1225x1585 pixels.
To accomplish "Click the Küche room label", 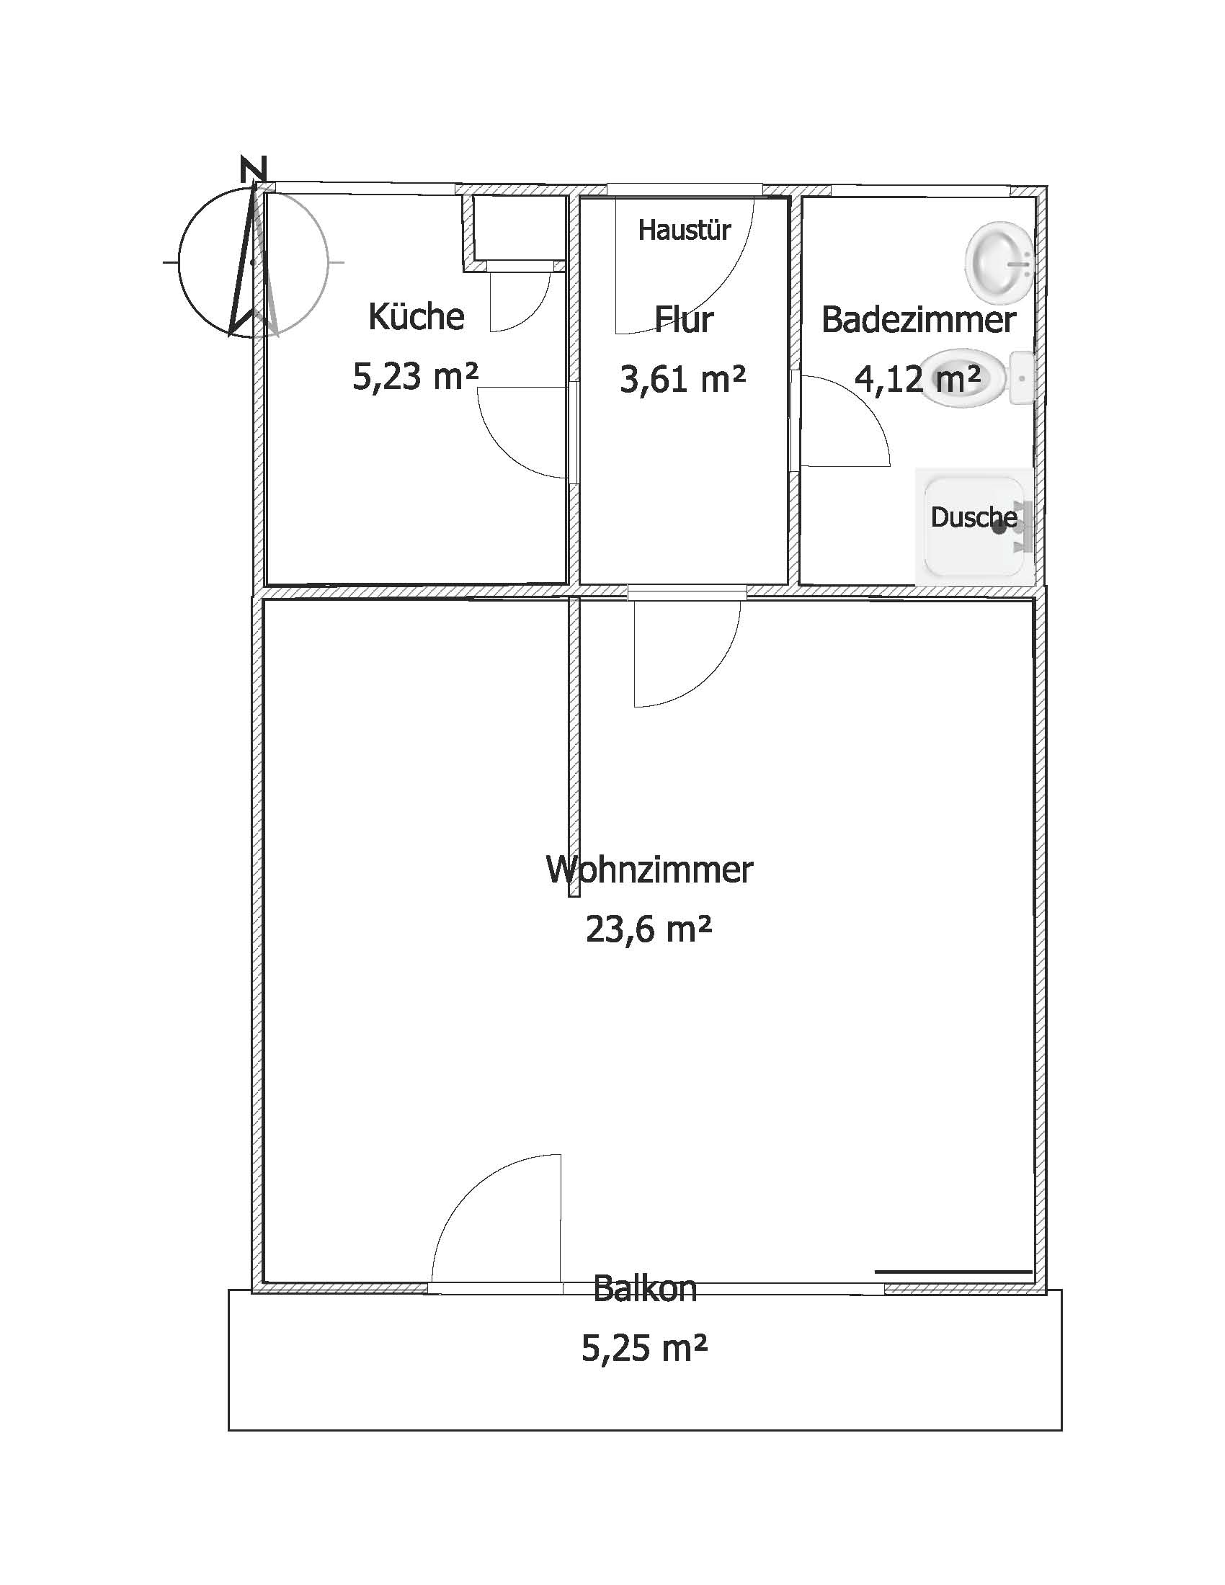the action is (x=416, y=316).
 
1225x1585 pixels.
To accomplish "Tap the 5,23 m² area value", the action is (x=415, y=376).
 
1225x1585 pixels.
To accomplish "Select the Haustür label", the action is (x=684, y=230).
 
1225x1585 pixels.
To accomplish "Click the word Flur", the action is (x=684, y=318).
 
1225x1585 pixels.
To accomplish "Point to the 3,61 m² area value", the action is (x=683, y=379).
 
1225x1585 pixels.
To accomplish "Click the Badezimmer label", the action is (x=918, y=320).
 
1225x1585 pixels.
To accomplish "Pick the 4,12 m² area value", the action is (x=918, y=378).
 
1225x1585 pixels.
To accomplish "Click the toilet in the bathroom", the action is (x=979, y=378).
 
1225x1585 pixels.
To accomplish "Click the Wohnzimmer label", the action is (x=649, y=869).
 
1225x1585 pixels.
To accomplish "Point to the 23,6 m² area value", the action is (x=648, y=929).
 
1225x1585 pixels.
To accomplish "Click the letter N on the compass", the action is (x=252, y=169).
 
